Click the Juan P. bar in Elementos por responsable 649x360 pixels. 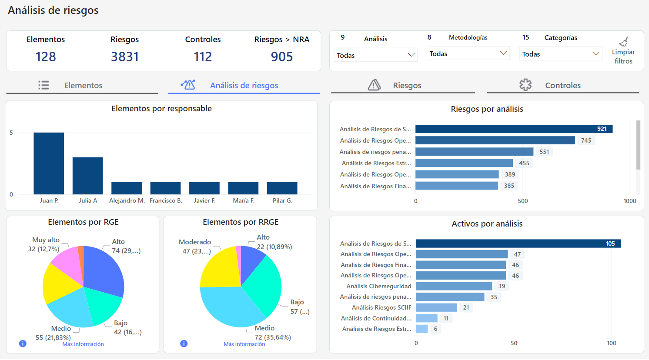[49, 163]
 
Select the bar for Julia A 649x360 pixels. [87, 176]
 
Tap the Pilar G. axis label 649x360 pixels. [282, 200]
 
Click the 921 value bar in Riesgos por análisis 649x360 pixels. [513, 129]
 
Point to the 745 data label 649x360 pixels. [586, 140]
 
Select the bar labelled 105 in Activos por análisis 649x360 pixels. [518, 243]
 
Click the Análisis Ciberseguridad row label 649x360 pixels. [378, 286]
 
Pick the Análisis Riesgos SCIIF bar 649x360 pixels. [436, 307]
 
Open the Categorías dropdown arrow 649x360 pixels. [596, 53]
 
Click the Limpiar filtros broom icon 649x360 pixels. [623, 42]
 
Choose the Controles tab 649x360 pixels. [562, 85]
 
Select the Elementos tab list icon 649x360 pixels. [43, 85]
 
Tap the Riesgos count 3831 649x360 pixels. [125, 57]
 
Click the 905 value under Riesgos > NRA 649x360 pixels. [282, 57]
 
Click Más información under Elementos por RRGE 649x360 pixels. [244, 344]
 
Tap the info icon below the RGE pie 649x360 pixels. [23, 343]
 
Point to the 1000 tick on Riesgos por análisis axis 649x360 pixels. [629, 201]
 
